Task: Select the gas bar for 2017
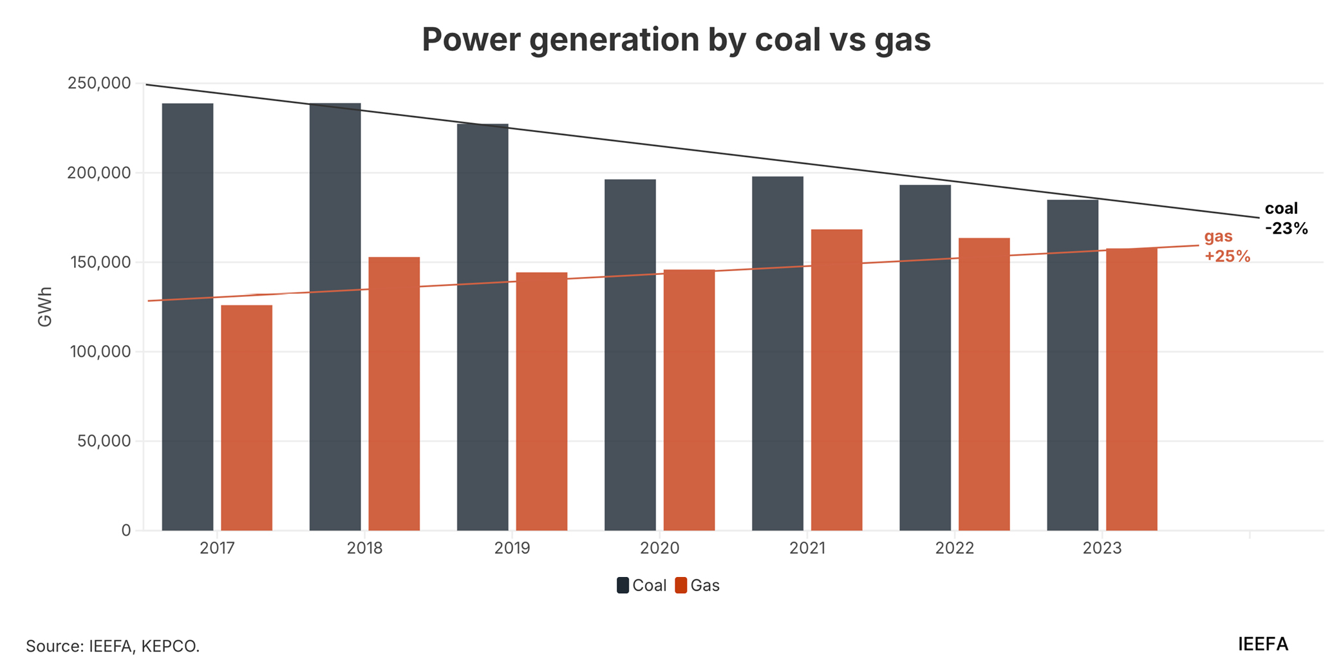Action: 247,418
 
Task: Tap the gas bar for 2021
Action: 836,380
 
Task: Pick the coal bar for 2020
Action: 630,355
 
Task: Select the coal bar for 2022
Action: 925,357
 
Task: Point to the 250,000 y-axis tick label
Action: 99,83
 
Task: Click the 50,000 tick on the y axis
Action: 104,441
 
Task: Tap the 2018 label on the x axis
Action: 364,548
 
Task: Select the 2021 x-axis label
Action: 807,548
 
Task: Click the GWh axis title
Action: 45,307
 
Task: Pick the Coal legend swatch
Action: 623,585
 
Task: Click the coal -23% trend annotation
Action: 1286,218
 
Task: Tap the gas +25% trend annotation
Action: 1226,247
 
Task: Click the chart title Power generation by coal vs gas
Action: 676,40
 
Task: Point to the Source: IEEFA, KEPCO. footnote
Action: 113,646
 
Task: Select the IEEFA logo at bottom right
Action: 1262,644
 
